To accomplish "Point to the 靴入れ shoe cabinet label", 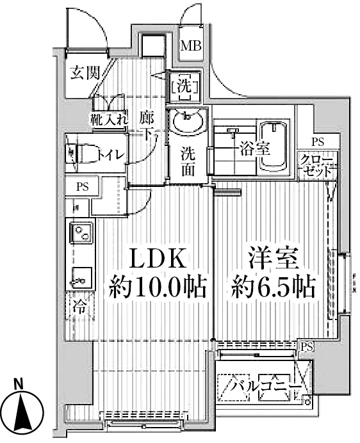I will click(x=109, y=118).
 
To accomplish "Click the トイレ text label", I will click(x=111, y=154).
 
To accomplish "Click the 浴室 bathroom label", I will click(x=254, y=149).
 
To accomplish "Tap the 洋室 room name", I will click(x=273, y=259).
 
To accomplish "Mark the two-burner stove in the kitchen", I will click(x=81, y=234).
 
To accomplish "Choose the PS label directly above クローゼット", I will click(x=317, y=142).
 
